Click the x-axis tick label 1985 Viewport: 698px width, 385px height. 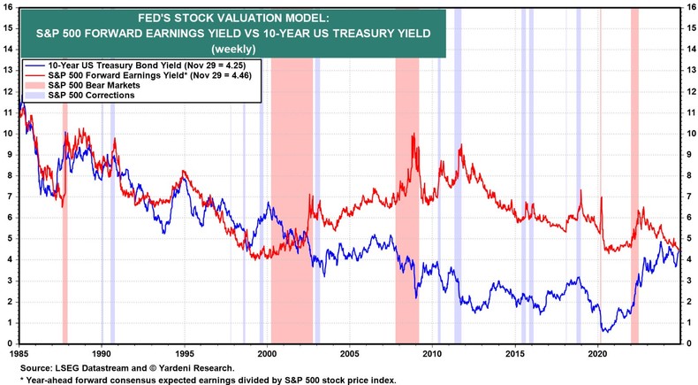point(19,352)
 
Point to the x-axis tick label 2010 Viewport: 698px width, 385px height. point(432,352)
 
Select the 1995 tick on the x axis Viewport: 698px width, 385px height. point(185,352)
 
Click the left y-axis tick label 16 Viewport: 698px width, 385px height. point(8,7)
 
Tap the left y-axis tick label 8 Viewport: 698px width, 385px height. point(10,175)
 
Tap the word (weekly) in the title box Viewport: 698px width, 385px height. point(230,49)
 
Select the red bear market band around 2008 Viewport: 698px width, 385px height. point(406,221)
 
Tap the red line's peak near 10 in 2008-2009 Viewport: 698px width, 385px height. point(413,135)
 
